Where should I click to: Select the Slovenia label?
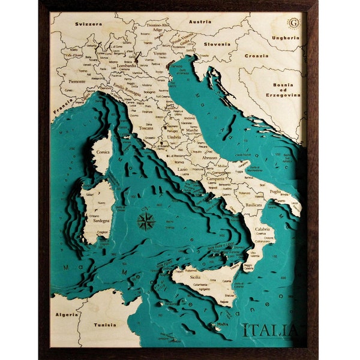[x=217, y=44]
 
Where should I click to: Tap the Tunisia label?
[x=105, y=325]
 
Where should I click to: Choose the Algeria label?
[x=67, y=314]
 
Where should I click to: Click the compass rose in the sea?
[x=146, y=221]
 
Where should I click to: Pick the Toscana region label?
[x=146, y=128]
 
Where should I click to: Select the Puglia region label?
[x=275, y=191]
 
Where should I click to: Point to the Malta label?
[x=223, y=325]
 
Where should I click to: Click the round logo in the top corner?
[x=293, y=23]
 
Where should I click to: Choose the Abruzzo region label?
[x=209, y=157]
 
